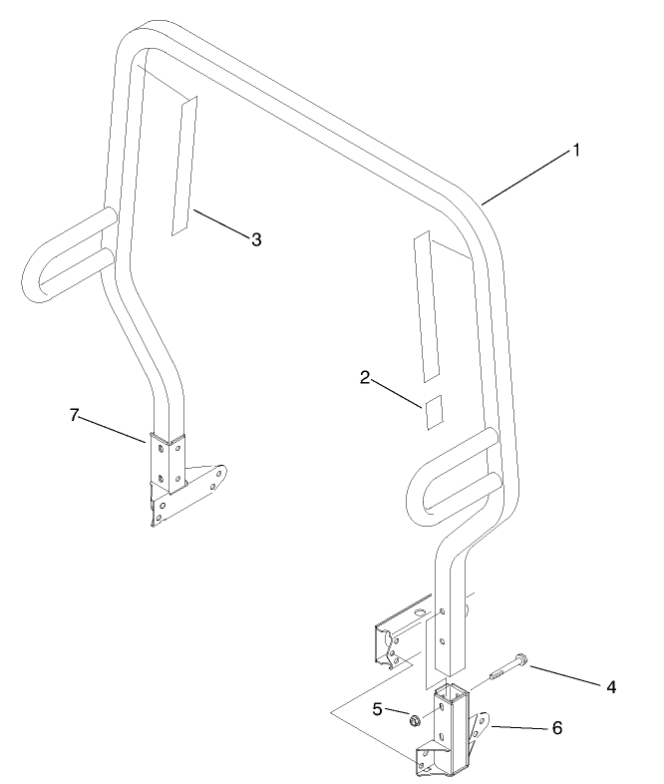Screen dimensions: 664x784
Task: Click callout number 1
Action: (576, 150)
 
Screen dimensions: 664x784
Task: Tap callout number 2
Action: (365, 377)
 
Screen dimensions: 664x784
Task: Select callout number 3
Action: (256, 239)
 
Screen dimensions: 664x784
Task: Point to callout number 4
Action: (611, 687)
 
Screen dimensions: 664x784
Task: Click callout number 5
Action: (377, 709)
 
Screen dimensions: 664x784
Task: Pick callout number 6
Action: (557, 727)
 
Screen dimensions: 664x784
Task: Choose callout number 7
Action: (74, 415)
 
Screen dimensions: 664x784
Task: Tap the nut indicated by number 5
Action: (414, 720)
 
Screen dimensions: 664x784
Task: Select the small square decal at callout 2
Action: (434, 412)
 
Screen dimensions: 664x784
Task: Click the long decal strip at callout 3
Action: (184, 165)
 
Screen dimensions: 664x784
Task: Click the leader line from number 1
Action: (526, 177)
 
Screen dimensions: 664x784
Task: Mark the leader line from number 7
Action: (111, 430)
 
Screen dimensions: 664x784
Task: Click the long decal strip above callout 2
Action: (427, 306)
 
